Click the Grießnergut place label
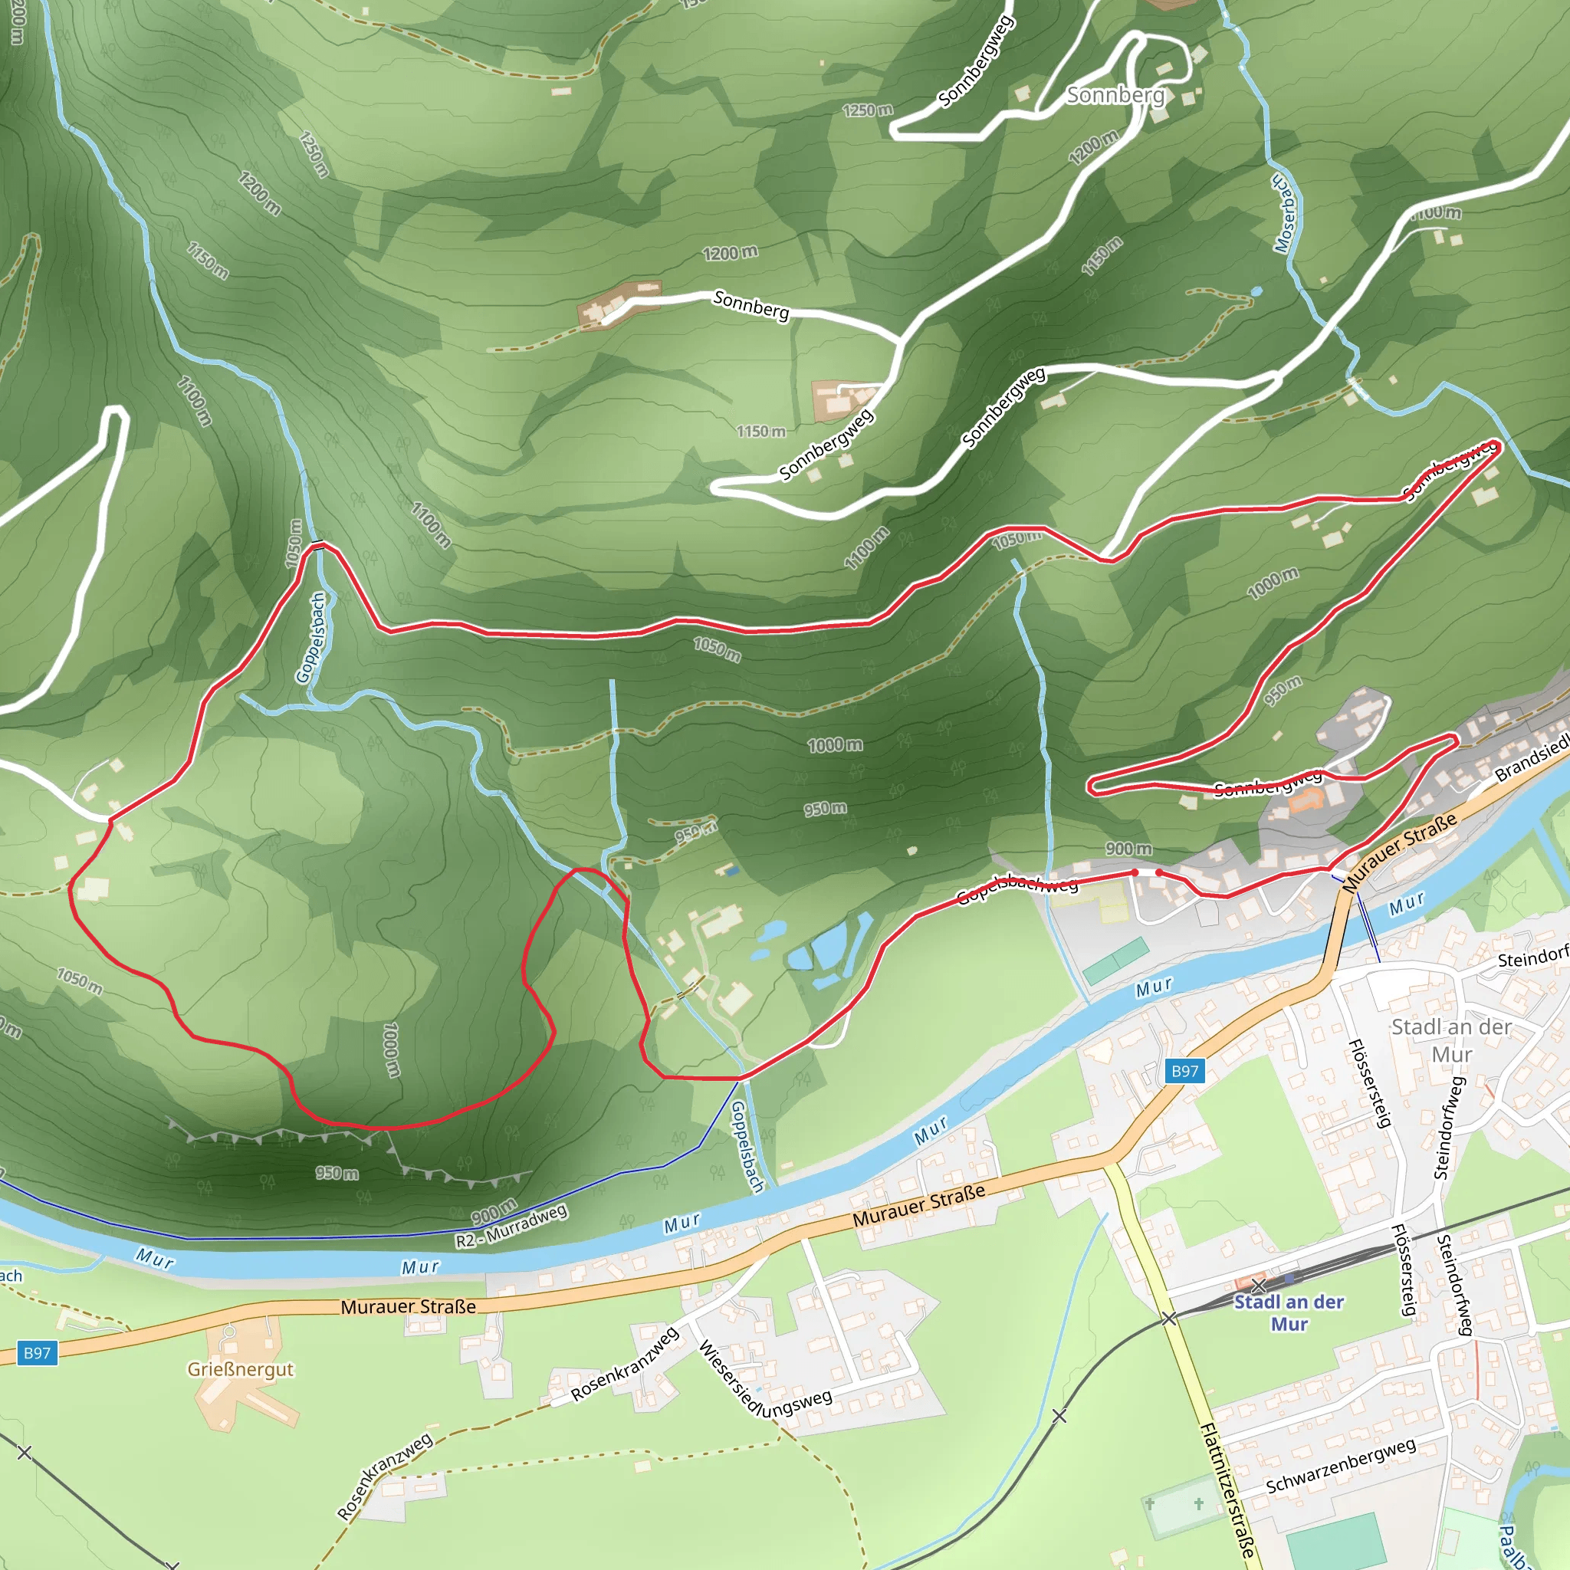pyautogui.click(x=241, y=1369)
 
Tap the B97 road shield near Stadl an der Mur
pyautogui.click(x=1184, y=1071)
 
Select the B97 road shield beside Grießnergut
pyautogui.click(x=37, y=1353)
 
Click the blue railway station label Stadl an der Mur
pyautogui.click(x=1289, y=1312)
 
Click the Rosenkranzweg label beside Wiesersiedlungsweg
pyautogui.click(x=624, y=1365)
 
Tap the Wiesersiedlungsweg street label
pyautogui.click(x=764, y=1381)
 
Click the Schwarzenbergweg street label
pyautogui.click(x=1341, y=1465)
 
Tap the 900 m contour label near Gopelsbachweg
pyautogui.click(x=1128, y=849)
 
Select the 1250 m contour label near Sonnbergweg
pyautogui.click(x=868, y=110)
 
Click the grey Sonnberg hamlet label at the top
pyautogui.click(x=1115, y=95)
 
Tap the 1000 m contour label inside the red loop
pyautogui.click(x=391, y=1050)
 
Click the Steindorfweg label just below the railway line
pyautogui.click(x=1453, y=1284)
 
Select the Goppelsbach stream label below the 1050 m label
pyautogui.click(x=311, y=637)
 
